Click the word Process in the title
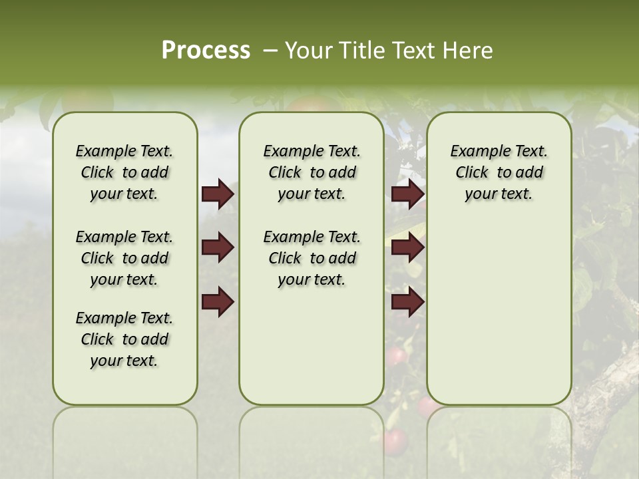tap(206, 51)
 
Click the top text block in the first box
tap(124, 172)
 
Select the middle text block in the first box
tap(124, 258)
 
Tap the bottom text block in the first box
tap(124, 339)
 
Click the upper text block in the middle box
tap(312, 172)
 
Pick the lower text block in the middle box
tap(312, 258)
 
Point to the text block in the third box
tap(499, 172)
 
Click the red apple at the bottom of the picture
tap(395, 440)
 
